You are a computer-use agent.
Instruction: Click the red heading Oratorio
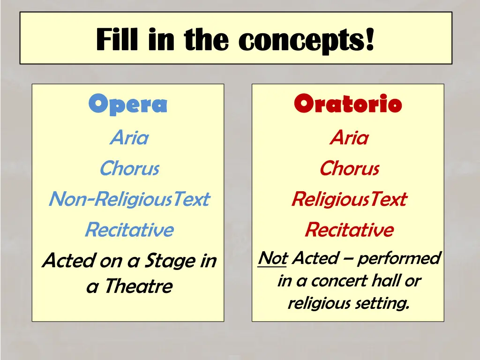point(348,104)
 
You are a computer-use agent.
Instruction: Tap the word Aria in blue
point(129,138)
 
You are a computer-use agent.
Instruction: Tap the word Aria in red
point(349,138)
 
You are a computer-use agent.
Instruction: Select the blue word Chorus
point(129,168)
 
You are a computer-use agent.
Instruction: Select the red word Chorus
point(349,168)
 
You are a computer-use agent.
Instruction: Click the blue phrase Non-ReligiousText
point(129,199)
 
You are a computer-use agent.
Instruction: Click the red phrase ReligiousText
point(349,199)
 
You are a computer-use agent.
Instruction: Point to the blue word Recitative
point(129,230)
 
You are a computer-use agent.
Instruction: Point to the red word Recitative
point(349,230)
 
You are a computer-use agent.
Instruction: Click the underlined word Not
point(272,258)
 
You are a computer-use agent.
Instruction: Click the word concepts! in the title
point(306,40)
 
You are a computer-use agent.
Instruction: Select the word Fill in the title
point(119,40)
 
